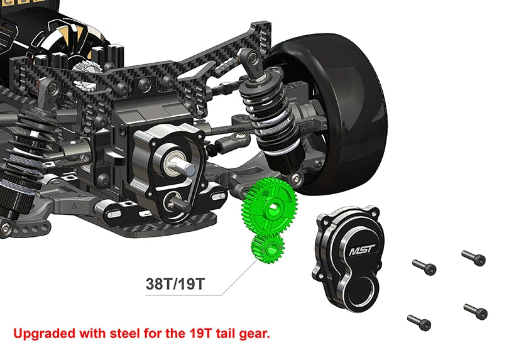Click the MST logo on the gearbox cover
click(x=360, y=252)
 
